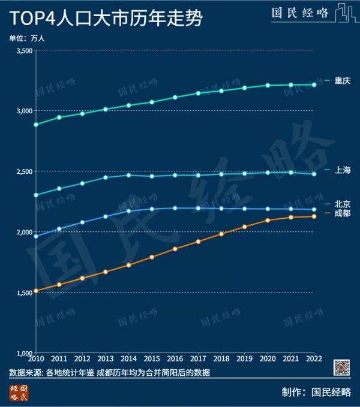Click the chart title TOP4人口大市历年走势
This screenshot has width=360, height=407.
[105, 19]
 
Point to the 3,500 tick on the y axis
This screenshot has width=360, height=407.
[23, 50]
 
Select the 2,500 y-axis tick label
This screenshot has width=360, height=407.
[23, 171]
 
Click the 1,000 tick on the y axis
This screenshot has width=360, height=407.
[23, 352]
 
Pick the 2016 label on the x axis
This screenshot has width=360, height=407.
[175, 359]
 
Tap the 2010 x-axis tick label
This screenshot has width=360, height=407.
[36, 359]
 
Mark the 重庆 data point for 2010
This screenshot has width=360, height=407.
[36, 125]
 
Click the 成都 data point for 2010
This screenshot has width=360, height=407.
[36, 291]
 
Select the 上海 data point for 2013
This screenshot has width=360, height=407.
[106, 177]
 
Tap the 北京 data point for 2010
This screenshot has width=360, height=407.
[36, 236]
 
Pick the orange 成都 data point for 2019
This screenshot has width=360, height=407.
[244, 227]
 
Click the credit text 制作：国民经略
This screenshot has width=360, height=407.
[316, 393]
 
